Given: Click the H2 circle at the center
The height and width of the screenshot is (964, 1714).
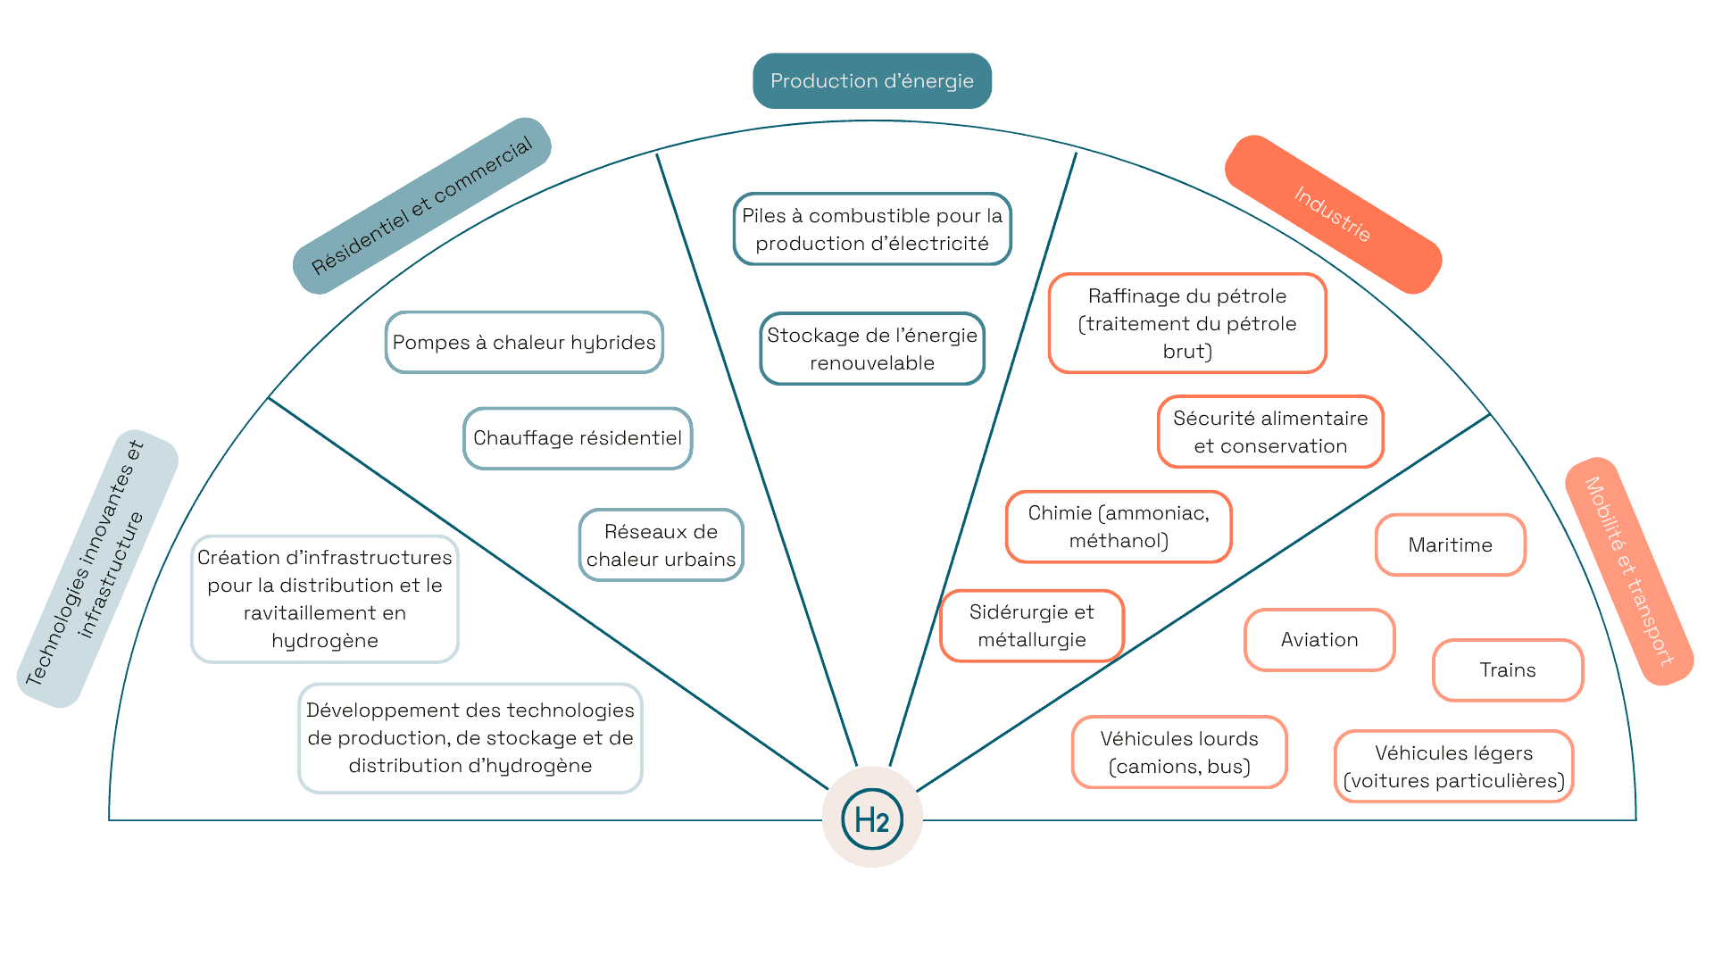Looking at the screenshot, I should pyautogui.click(x=872, y=818).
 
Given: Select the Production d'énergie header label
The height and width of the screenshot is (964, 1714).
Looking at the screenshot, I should pyautogui.click(x=872, y=81).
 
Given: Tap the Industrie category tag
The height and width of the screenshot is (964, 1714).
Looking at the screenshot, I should pyautogui.click(x=1333, y=214).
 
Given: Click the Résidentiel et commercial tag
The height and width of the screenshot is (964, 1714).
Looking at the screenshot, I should pyautogui.click(x=421, y=205).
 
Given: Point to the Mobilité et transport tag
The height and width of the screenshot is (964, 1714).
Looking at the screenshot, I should pyautogui.click(x=1629, y=571).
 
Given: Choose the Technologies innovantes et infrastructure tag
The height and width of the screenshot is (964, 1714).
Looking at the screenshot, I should pyautogui.click(x=97, y=569).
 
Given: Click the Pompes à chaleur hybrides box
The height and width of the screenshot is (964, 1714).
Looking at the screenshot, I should pyautogui.click(x=524, y=343).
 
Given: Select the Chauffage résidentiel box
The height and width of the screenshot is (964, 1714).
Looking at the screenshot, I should pyautogui.click(x=578, y=438).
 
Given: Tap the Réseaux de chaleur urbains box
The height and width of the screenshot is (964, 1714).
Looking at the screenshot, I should pyautogui.click(x=661, y=545).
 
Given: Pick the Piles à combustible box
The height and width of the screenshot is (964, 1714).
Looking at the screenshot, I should pyautogui.click(x=872, y=229).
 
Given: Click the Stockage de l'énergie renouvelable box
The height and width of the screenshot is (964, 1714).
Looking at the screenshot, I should pyautogui.click(x=872, y=349).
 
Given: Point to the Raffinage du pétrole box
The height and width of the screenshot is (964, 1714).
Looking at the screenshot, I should pyautogui.click(x=1187, y=323).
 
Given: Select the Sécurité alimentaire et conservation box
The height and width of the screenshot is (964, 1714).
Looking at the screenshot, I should pyautogui.click(x=1270, y=432).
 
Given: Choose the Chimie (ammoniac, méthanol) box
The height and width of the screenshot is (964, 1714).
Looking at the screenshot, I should pyautogui.click(x=1119, y=527).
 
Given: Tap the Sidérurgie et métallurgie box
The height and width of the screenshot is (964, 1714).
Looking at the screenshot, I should pyautogui.click(x=1032, y=626).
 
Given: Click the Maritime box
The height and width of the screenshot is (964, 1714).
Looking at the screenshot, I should pyautogui.click(x=1450, y=545).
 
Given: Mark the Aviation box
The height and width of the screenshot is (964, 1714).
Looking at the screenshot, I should pyautogui.click(x=1319, y=640).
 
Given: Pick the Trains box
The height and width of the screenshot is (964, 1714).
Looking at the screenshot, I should pyautogui.click(x=1508, y=670).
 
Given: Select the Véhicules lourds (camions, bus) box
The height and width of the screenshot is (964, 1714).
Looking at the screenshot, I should pyautogui.click(x=1179, y=752).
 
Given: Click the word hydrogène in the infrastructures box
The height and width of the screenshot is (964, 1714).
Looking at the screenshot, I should pyautogui.click(x=325, y=641).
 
